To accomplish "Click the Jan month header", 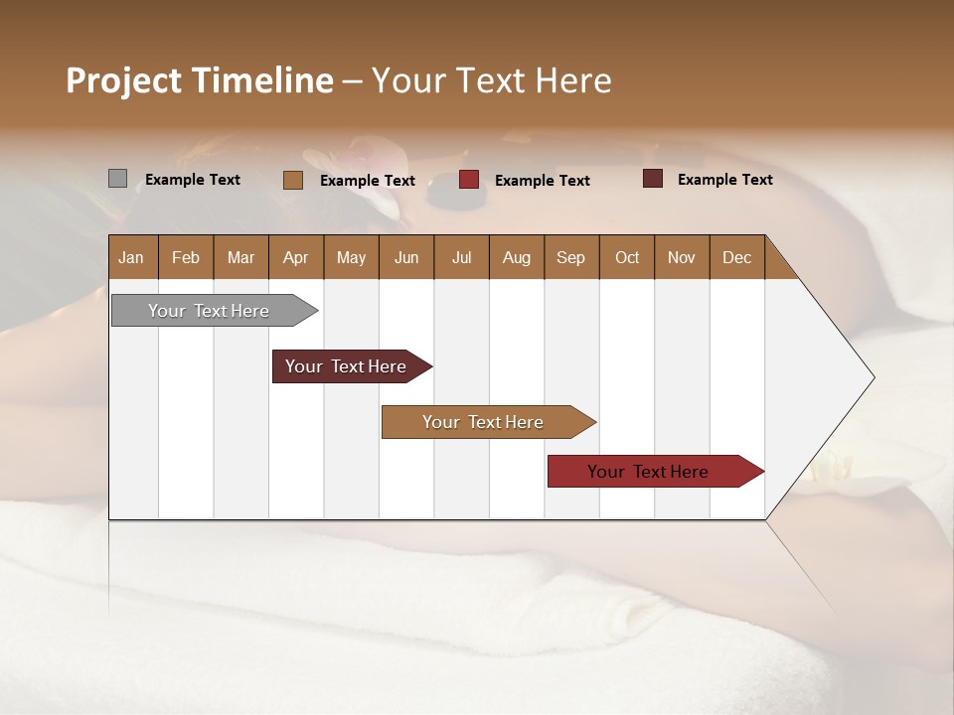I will [x=132, y=257].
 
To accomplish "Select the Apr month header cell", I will [x=295, y=257].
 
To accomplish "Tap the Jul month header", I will [x=461, y=257].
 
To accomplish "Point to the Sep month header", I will [x=570, y=257].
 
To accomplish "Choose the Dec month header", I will [x=736, y=257].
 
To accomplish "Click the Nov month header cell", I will [x=681, y=257].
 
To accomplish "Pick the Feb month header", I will [x=186, y=257].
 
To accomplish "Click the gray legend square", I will [x=118, y=179].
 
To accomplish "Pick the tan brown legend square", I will [x=293, y=180].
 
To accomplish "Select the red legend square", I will [x=469, y=180].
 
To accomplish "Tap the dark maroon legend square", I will [x=653, y=179].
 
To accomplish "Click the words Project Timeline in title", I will [x=199, y=80].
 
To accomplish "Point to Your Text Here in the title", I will [x=491, y=80].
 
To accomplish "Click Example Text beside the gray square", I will [x=193, y=180].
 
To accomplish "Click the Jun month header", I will [x=406, y=257].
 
